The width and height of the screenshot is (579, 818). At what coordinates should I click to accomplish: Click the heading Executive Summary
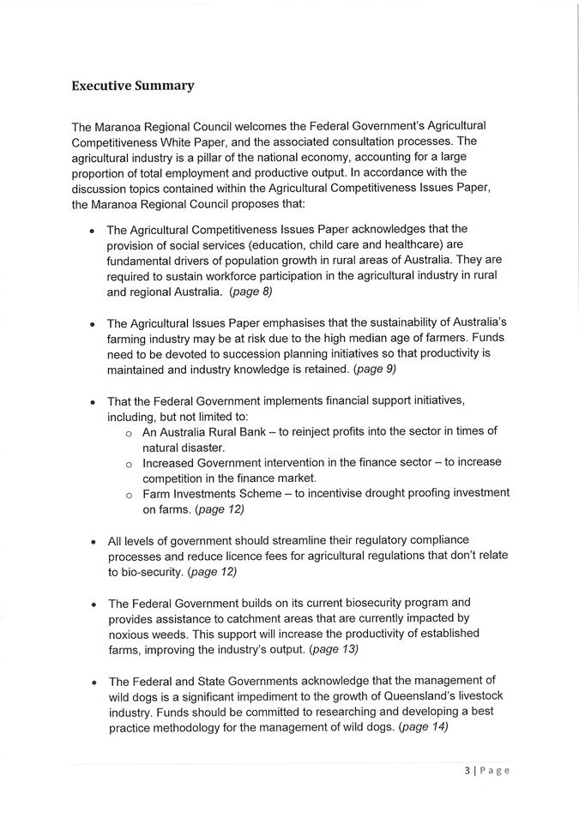tap(133, 86)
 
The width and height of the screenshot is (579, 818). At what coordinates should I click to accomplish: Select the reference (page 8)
tap(250, 292)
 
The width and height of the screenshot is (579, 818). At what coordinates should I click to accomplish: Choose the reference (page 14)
tap(424, 727)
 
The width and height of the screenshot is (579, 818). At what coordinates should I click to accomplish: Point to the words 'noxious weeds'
tap(147, 633)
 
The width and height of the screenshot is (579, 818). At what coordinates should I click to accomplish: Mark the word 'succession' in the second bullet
tap(218, 354)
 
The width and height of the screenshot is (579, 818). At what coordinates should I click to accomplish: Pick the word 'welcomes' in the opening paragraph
tap(256, 126)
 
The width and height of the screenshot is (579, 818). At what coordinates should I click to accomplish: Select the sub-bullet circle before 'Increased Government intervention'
tap(128, 464)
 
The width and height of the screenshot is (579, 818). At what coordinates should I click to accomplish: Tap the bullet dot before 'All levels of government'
tap(93, 541)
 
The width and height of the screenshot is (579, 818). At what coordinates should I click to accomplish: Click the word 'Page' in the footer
tap(495, 770)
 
